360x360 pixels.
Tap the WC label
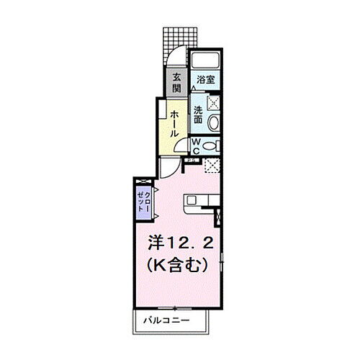pyautogui.click(x=195, y=146)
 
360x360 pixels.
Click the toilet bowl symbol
pyautogui.click(x=210, y=145)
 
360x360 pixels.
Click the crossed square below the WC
pyautogui.click(x=212, y=166)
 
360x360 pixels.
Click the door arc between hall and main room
pyautogui.click(x=168, y=167)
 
